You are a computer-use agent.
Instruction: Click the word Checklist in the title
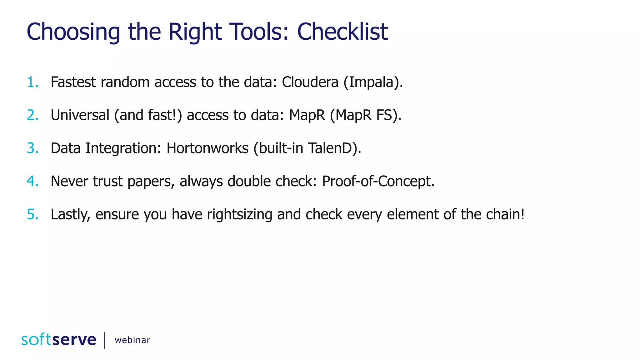[x=342, y=32]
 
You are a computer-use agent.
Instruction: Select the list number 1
[x=32, y=82]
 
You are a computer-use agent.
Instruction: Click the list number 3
[x=32, y=148]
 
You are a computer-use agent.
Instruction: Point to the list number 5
[x=32, y=215]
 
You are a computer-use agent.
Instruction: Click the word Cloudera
[x=310, y=82]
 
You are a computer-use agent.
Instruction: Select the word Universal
[x=80, y=115]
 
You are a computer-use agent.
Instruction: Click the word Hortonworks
[x=207, y=148]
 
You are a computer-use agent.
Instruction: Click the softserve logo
[x=59, y=340]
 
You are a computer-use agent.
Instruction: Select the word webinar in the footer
[x=132, y=340]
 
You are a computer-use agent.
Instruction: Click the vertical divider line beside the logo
[x=104, y=340]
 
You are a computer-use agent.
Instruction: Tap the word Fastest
[x=73, y=82]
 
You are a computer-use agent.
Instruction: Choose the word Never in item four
[x=69, y=182]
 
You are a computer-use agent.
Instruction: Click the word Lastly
[x=70, y=215]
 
